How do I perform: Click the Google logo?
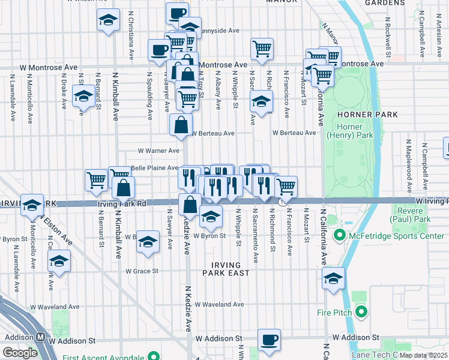click(x=20, y=353)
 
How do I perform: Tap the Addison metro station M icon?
click(x=40, y=338)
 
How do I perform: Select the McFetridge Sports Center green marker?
click(x=339, y=235)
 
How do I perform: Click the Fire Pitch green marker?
click(x=361, y=311)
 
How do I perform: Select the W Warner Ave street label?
click(x=158, y=151)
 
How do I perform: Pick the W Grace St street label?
click(x=142, y=271)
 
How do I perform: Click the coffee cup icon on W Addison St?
click(x=269, y=339)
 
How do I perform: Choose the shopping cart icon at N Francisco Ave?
click(x=286, y=186)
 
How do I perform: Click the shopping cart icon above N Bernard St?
click(x=96, y=179)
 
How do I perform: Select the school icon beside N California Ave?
click(x=333, y=278)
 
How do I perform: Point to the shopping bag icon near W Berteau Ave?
click(x=181, y=125)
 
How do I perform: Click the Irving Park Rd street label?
click(x=122, y=204)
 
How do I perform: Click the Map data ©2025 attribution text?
click(x=424, y=355)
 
